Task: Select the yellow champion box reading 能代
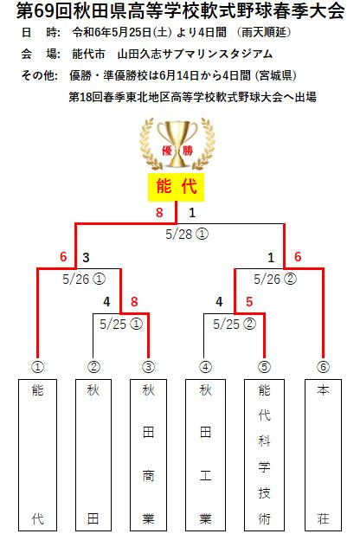click(x=176, y=187)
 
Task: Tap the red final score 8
click(x=159, y=213)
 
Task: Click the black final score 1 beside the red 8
click(x=192, y=213)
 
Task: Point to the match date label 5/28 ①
click(x=187, y=234)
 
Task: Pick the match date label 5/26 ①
click(x=84, y=280)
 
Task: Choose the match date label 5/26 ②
click(x=275, y=280)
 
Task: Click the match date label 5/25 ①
click(x=121, y=325)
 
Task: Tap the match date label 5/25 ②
click(x=235, y=325)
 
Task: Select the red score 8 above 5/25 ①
click(x=134, y=302)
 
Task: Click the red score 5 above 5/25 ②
click(x=249, y=302)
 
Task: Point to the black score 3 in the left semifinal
click(x=86, y=257)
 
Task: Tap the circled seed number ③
click(x=148, y=367)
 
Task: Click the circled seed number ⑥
click(x=323, y=367)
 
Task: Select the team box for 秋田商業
click(x=148, y=455)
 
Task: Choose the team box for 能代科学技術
click(x=264, y=455)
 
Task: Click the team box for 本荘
click(x=323, y=455)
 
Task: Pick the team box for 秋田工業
click(x=205, y=455)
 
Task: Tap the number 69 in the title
click(x=44, y=11)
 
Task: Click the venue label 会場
click(x=41, y=54)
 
